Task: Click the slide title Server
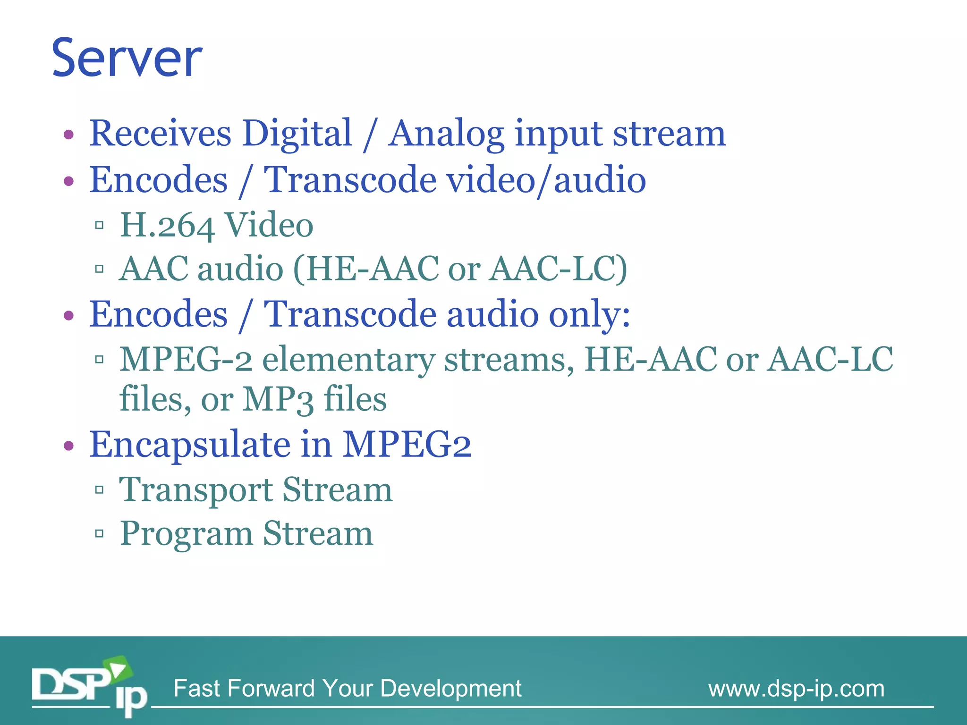click(x=127, y=59)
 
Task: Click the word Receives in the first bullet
click(x=160, y=134)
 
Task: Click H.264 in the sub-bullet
click(x=167, y=226)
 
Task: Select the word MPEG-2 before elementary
click(x=186, y=360)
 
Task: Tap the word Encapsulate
click(x=190, y=445)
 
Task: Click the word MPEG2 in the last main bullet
click(x=407, y=445)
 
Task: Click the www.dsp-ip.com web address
click(x=796, y=689)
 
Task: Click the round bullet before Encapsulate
click(x=69, y=446)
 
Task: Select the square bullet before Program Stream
click(x=99, y=534)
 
